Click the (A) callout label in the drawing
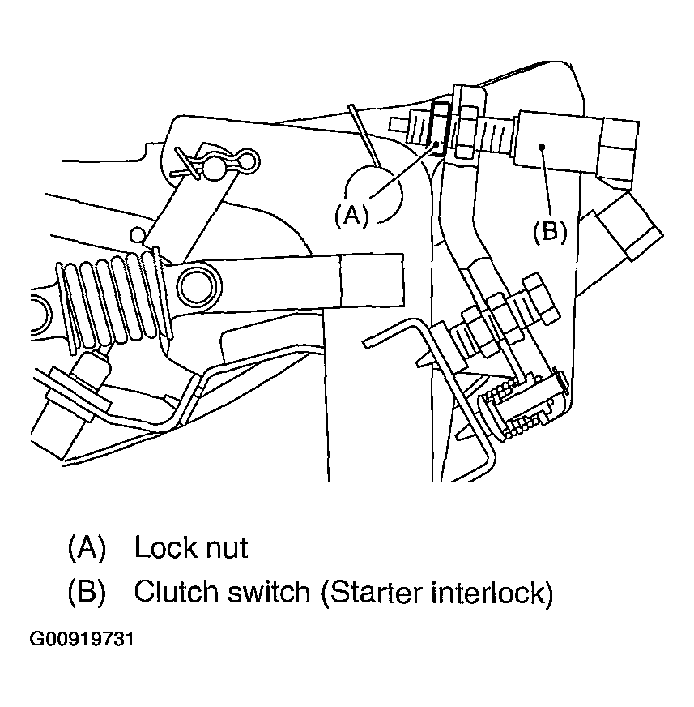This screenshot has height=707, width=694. [x=351, y=215]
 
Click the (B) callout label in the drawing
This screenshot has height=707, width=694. [x=550, y=231]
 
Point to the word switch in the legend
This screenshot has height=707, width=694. [x=268, y=591]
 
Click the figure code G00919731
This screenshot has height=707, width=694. [x=82, y=639]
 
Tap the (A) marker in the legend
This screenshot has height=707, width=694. [x=87, y=547]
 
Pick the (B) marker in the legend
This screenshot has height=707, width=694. [x=87, y=591]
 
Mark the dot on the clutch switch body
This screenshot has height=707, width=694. [x=543, y=147]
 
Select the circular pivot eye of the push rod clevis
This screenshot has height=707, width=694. [x=199, y=286]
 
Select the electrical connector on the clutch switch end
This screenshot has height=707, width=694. [x=618, y=152]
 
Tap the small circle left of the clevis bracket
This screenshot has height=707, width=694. [x=138, y=234]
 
